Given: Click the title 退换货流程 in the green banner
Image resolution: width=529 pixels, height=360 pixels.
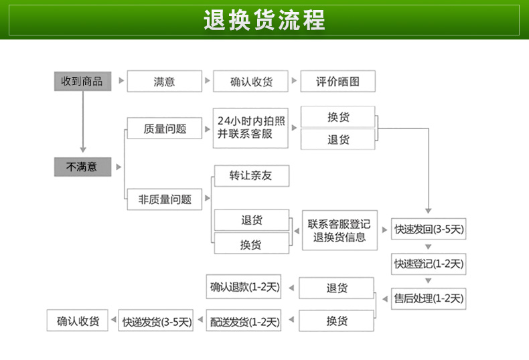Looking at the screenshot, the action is pyautogui.click(x=264, y=20).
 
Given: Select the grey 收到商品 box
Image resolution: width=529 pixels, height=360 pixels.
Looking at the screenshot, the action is pyautogui.click(x=82, y=81).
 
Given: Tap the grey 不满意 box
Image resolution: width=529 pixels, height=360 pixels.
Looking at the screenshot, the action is pyautogui.click(x=82, y=167).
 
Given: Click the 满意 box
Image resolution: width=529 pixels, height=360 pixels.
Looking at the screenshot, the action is pyautogui.click(x=164, y=81).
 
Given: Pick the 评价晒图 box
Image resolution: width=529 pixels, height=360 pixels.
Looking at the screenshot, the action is pyautogui.click(x=337, y=81).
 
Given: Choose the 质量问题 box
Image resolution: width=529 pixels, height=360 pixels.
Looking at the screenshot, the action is pyautogui.click(x=164, y=128).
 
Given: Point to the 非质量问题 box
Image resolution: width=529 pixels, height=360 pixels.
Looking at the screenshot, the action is pyautogui.click(x=164, y=199).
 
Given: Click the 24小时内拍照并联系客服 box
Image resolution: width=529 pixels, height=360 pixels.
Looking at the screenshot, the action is pyautogui.click(x=250, y=128).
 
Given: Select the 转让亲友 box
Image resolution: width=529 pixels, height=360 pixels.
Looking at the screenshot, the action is pyautogui.click(x=252, y=175).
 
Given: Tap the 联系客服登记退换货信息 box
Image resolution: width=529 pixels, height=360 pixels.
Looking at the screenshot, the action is pyautogui.click(x=339, y=230).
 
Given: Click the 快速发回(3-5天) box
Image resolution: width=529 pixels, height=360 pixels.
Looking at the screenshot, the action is pyautogui.click(x=429, y=229).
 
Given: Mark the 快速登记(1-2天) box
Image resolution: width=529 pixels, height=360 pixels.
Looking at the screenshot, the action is pyautogui.click(x=429, y=264).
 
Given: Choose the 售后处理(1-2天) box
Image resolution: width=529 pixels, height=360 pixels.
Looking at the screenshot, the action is pyautogui.click(x=429, y=298).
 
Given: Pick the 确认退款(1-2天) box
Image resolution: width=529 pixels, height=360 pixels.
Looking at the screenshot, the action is pyautogui.click(x=244, y=288).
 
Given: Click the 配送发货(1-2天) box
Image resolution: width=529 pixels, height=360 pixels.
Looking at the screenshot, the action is pyautogui.click(x=244, y=321).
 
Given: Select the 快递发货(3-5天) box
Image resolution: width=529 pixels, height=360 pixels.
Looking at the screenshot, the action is pyautogui.click(x=156, y=321).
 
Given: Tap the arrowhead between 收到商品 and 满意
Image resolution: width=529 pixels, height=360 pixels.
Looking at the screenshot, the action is pyautogui.click(x=121, y=80).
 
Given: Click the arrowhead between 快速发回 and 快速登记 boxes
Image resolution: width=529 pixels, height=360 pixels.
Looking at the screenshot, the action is pyautogui.click(x=429, y=247).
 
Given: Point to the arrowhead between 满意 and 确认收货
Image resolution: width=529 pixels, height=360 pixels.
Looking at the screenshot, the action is pyautogui.click(x=208, y=80).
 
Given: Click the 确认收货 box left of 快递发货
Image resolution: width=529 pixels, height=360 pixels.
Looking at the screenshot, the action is pyautogui.click(x=78, y=321).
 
